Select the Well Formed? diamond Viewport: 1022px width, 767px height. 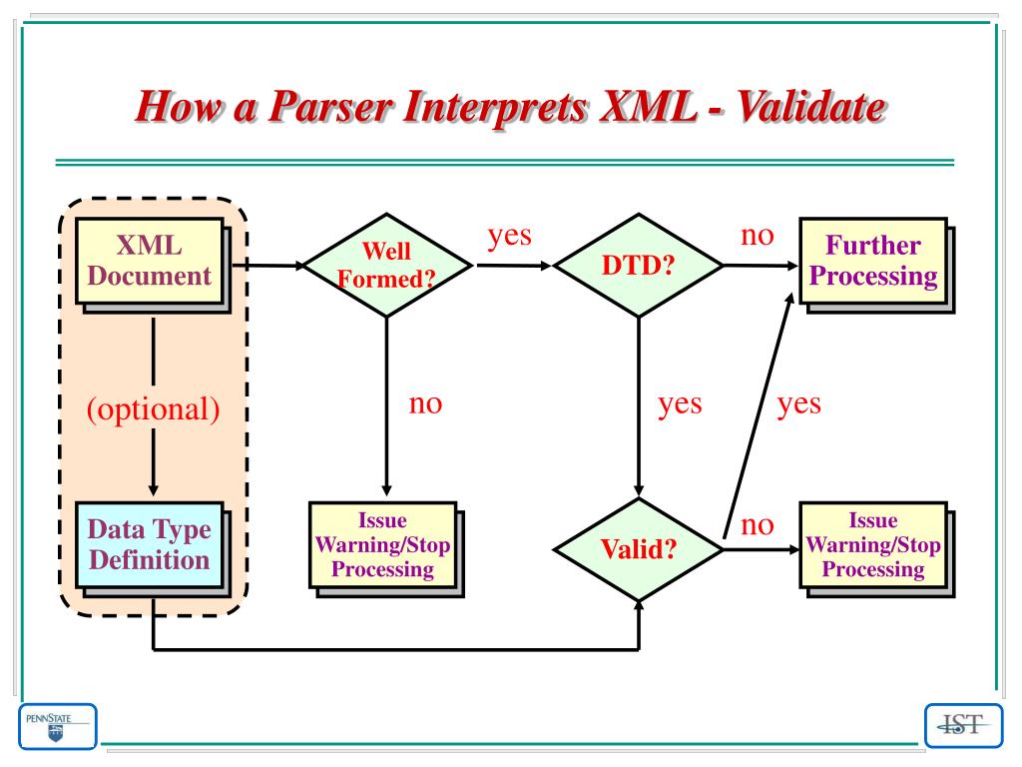click(386, 266)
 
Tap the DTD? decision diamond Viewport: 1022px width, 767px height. click(638, 266)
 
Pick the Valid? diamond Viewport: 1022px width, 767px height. click(638, 549)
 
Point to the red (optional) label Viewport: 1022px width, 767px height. click(153, 410)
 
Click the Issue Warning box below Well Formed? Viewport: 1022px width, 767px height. click(382, 544)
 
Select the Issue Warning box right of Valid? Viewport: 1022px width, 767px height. click(872, 544)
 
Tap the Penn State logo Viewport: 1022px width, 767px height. click(57, 726)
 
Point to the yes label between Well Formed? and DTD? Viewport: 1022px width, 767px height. click(509, 236)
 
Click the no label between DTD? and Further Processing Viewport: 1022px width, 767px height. click(757, 236)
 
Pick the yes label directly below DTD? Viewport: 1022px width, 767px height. click(680, 403)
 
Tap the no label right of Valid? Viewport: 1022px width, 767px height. click(757, 523)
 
